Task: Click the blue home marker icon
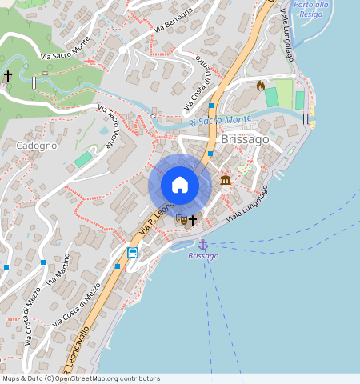180,185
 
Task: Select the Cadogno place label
37,146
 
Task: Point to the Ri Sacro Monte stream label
220,121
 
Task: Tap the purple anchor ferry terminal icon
203,243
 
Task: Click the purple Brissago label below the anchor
203,256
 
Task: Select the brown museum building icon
226,180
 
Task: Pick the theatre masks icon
181,218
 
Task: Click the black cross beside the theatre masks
193,218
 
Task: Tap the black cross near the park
8,75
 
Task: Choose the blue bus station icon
132,253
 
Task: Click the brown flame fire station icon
260,85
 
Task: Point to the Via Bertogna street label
174,20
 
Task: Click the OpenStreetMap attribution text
82,378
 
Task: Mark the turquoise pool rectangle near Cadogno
83,159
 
